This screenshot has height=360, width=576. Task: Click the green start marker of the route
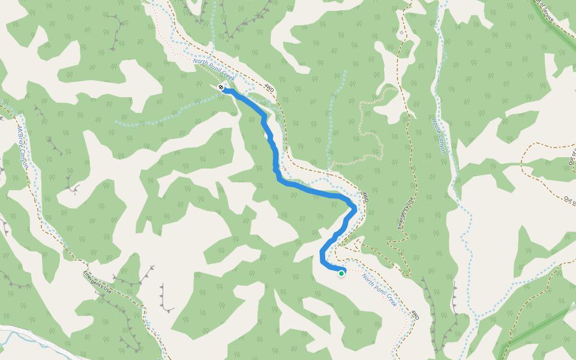pyautogui.click(x=341, y=274)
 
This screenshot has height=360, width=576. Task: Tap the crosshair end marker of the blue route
pyautogui.click(x=222, y=88)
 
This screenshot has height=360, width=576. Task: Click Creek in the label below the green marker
pyautogui.click(x=391, y=298)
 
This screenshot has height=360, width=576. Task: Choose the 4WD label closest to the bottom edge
pyautogui.click(x=413, y=315)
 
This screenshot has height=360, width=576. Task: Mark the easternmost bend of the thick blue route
pyautogui.click(x=355, y=208)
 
